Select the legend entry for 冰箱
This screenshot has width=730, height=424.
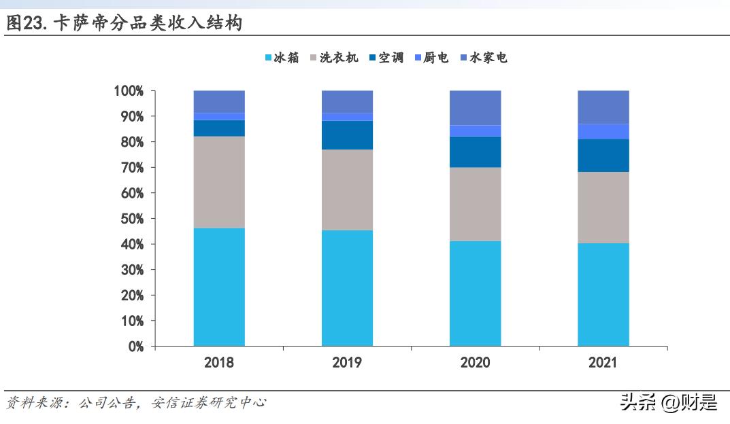(281, 58)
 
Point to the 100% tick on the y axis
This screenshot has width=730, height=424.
(129, 91)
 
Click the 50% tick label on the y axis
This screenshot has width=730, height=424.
(131, 219)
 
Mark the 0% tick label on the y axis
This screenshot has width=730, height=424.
(135, 347)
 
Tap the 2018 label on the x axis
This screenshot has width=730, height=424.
(219, 363)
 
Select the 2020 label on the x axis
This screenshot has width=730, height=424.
(475, 363)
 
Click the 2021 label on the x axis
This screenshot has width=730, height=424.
(603, 363)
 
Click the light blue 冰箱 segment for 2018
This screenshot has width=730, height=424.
(219, 287)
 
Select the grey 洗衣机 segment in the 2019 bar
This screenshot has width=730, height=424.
(347, 190)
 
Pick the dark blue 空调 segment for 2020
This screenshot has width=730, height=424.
(475, 152)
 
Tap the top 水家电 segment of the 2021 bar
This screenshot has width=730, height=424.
(603, 107)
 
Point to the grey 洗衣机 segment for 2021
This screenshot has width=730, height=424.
(603, 207)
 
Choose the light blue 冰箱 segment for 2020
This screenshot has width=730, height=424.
(475, 294)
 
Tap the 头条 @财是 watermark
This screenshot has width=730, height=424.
(668, 403)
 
